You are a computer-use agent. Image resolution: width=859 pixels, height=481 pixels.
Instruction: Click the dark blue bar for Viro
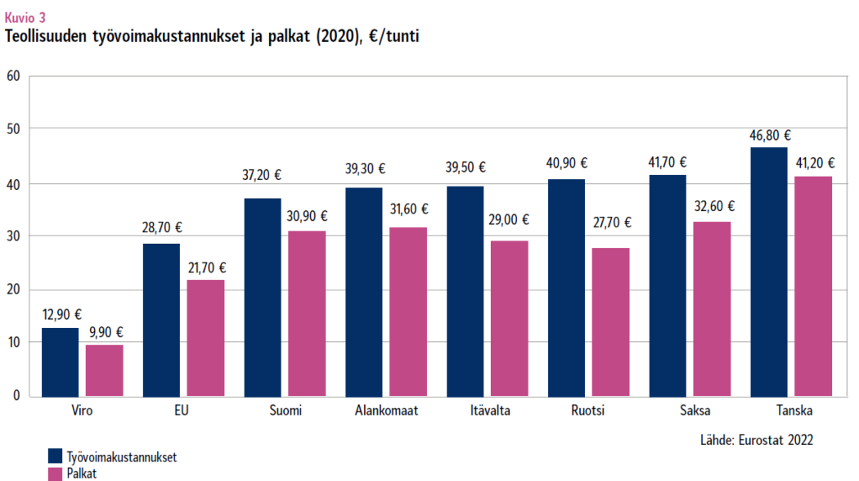[x=60, y=362]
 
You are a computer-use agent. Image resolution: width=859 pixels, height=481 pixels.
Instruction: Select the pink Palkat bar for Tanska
[x=813, y=286]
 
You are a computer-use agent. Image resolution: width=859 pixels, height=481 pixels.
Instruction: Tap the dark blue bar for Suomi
[x=263, y=297]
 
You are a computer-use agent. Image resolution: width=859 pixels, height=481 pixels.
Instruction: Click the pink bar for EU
[x=205, y=338]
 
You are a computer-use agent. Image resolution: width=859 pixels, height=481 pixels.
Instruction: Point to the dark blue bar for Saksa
[x=668, y=285]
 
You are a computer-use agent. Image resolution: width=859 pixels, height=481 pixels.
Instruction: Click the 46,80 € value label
[x=770, y=136]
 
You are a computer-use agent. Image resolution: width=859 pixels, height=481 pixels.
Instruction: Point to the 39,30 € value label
[x=365, y=169]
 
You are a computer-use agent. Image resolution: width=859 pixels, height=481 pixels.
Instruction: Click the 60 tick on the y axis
[x=12, y=76]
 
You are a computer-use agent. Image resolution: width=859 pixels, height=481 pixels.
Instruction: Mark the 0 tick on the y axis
[x=16, y=396]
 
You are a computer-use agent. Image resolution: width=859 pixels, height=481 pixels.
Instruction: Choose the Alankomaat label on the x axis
[x=387, y=411]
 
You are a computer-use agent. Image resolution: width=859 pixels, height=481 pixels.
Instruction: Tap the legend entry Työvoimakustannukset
[x=122, y=456]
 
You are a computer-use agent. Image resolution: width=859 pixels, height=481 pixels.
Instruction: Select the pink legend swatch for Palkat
[x=56, y=474]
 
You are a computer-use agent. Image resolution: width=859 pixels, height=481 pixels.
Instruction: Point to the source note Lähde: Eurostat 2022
[x=757, y=439]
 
